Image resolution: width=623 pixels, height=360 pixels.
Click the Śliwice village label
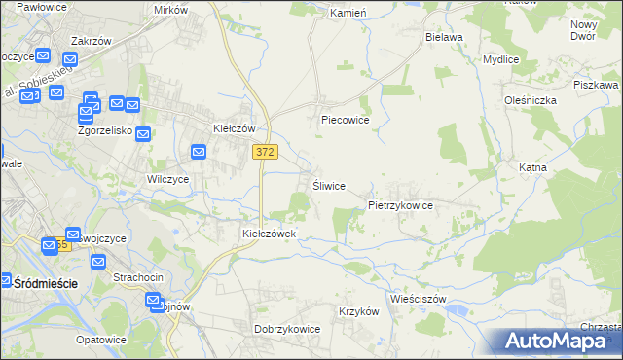329,186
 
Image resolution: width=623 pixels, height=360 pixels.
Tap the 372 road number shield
264,152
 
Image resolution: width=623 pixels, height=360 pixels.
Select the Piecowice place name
346,122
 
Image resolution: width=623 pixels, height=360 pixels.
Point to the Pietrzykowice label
400,206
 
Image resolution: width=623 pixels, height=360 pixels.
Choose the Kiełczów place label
234,128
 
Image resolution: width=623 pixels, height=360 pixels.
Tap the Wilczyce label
167,179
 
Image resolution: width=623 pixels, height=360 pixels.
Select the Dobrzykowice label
287,329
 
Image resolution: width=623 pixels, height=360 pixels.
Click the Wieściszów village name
417,298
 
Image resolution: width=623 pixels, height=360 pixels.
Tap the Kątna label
532,167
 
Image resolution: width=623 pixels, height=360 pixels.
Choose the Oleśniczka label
530,99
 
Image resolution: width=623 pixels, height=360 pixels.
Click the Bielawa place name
444,37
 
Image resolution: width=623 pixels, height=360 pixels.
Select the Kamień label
348,14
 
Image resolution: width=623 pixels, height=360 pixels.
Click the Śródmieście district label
46,282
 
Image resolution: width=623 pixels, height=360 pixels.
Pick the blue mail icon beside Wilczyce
199,152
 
